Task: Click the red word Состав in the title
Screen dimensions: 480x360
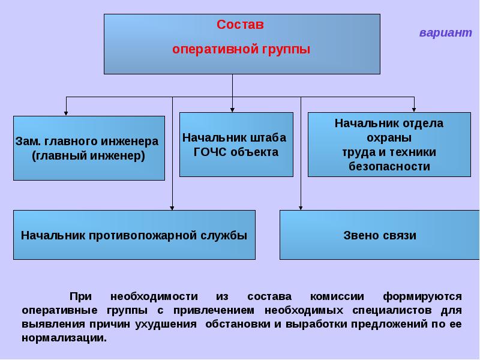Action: click(x=240, y=25)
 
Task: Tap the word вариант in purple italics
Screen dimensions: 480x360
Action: click(x=446, y=32)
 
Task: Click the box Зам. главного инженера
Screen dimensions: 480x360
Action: click(x=89, y=148)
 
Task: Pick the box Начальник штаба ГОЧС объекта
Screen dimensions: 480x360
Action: click(x=236, y=145)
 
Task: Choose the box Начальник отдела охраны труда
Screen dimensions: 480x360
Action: click(x=389, y=145)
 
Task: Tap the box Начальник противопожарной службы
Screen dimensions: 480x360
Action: click(x=134, y=235)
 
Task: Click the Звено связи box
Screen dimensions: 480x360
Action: click(x=380, y=235)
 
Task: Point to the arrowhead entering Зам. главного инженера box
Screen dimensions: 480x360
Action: click(x=66, y=113)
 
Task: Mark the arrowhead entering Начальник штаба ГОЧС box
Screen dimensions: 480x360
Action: click(x=232, y=110)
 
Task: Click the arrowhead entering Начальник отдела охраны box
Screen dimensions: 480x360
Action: click(x=414, y=110)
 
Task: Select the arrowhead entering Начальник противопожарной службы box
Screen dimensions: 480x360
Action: click(x=172, y=208)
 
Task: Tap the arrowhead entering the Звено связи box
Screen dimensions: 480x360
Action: click(x=301, y=208)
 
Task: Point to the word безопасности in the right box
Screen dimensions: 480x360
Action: click(x=389, y=167)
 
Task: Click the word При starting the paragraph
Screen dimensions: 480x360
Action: click(x=80, y=296)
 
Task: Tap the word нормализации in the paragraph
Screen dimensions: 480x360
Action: click(x=64, y=338)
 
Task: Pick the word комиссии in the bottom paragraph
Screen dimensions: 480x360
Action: click(x=337, y=296)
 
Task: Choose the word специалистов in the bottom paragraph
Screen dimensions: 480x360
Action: click(x=392, y=310)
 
